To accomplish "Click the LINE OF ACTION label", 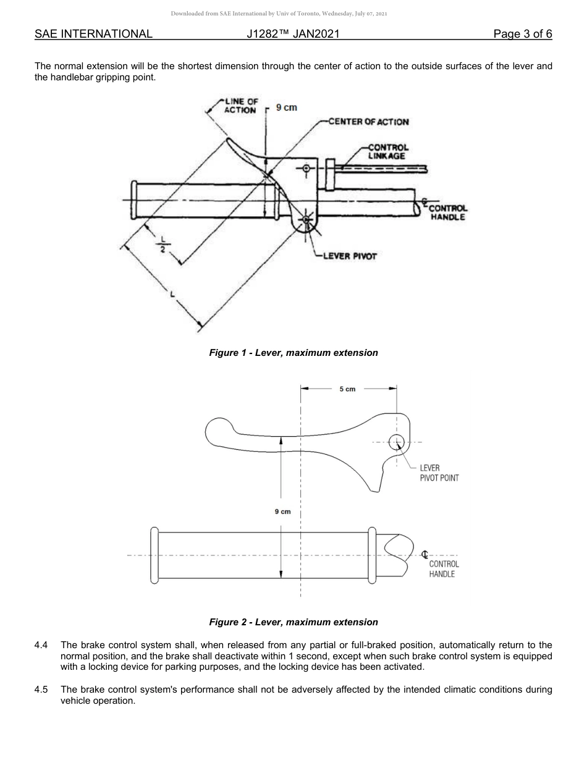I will coord(240,106).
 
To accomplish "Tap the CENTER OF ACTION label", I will coord(369,122).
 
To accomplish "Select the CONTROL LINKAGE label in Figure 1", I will coord(388,152).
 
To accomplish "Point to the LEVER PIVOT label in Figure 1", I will coord(350,256).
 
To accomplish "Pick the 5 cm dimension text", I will coord(347,389).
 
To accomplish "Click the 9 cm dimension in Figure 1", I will coord(286,108).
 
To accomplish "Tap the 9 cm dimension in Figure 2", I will coord(282,512).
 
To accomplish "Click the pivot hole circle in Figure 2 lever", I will coord(396,442).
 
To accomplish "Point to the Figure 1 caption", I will coord(293,353).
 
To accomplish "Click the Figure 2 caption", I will coord(293,622).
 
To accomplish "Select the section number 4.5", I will coord(41,690).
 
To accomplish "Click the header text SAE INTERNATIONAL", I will coord(93,34).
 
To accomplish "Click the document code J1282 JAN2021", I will coord(293,34).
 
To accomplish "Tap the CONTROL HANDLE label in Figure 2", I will coord(444,569).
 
